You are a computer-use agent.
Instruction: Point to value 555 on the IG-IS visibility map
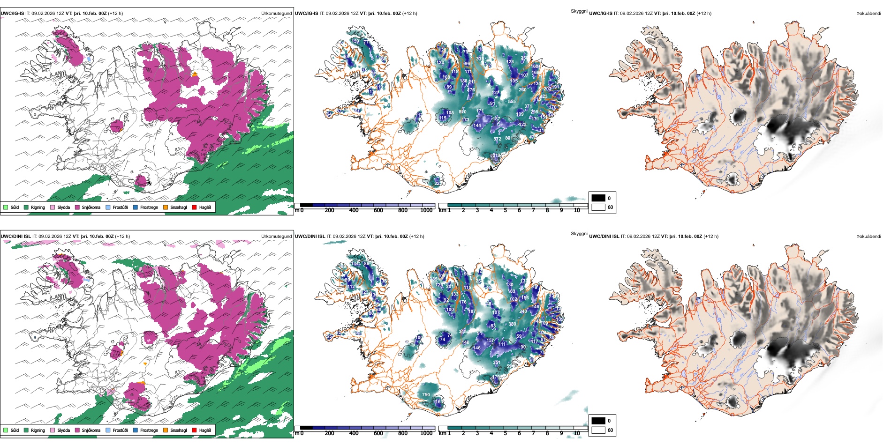click(x=512, y=102)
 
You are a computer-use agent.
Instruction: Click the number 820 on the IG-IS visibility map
click(x=462, y=112)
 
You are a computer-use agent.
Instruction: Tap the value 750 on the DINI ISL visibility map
click(x=426, y=395)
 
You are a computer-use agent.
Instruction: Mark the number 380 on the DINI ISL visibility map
click(x=512, y=324)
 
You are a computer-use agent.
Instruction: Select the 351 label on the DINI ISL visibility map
click(x=497, y=363)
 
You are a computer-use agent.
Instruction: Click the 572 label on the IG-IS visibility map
click(x=497, y=139)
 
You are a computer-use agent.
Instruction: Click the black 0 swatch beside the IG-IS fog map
click(x=598, y=198)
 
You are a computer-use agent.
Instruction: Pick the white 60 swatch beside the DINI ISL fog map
click(x=598, y=430)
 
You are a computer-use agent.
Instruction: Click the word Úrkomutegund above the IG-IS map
click(x=276, y=14)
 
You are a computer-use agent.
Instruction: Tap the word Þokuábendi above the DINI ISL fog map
click(x=868, y=237)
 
